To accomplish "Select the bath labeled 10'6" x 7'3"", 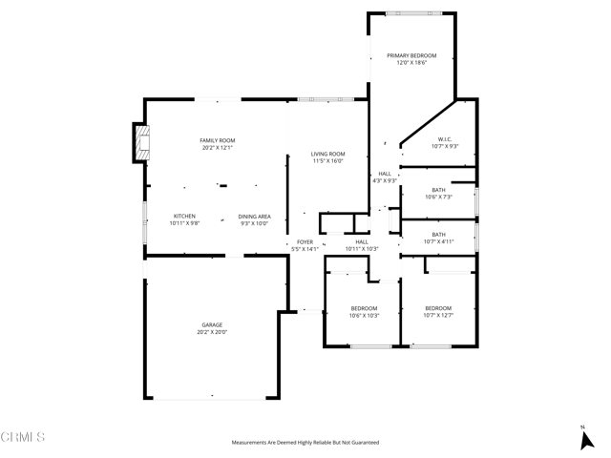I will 438,194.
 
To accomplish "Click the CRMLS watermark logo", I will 23,437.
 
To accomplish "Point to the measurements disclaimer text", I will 305,443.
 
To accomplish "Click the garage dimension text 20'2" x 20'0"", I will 212,332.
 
